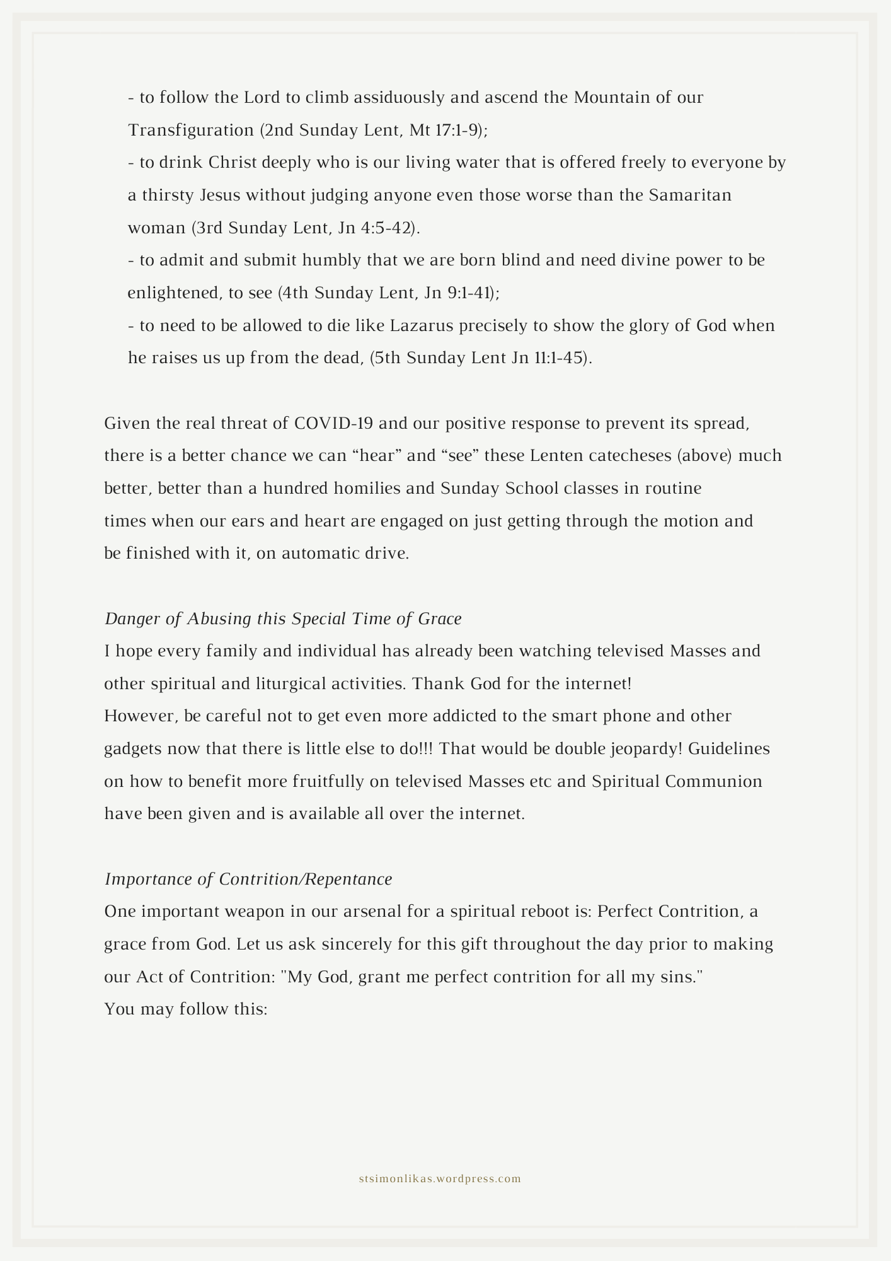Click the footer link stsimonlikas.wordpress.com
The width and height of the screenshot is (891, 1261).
[x=440, y=1178]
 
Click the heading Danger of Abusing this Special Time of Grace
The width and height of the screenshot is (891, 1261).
[x=283, y=619]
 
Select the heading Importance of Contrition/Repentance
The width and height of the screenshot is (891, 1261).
[x=248, y=879]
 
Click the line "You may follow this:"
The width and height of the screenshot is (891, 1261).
[x=187, y=1009]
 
